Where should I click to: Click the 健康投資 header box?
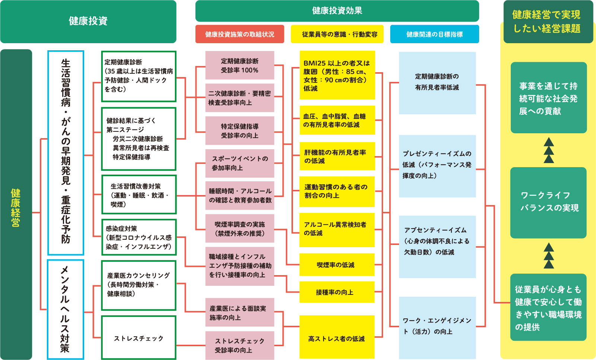pos(88,21)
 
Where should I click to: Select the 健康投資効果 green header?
pos(337,11)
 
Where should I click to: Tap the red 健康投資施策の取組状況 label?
pos(240,34)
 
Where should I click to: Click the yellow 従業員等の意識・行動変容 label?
pos(340,34)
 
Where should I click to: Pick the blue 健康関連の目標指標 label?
pos(434,34)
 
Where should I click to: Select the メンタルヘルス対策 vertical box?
pos(66,309)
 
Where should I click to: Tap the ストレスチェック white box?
pos(138,338)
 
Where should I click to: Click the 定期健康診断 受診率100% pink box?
pos(240,65)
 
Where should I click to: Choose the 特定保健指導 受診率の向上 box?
pos(240,131)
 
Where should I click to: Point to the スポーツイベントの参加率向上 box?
pos(240,163)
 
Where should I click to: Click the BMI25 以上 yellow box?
pos(337,75)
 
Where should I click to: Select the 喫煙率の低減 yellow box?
pos(337,265)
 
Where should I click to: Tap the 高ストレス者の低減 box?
pos(337,338)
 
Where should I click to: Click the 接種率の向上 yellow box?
pos(337,292)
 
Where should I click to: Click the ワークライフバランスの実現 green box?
pos(548,202)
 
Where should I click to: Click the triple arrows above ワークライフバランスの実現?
pos(549,150)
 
